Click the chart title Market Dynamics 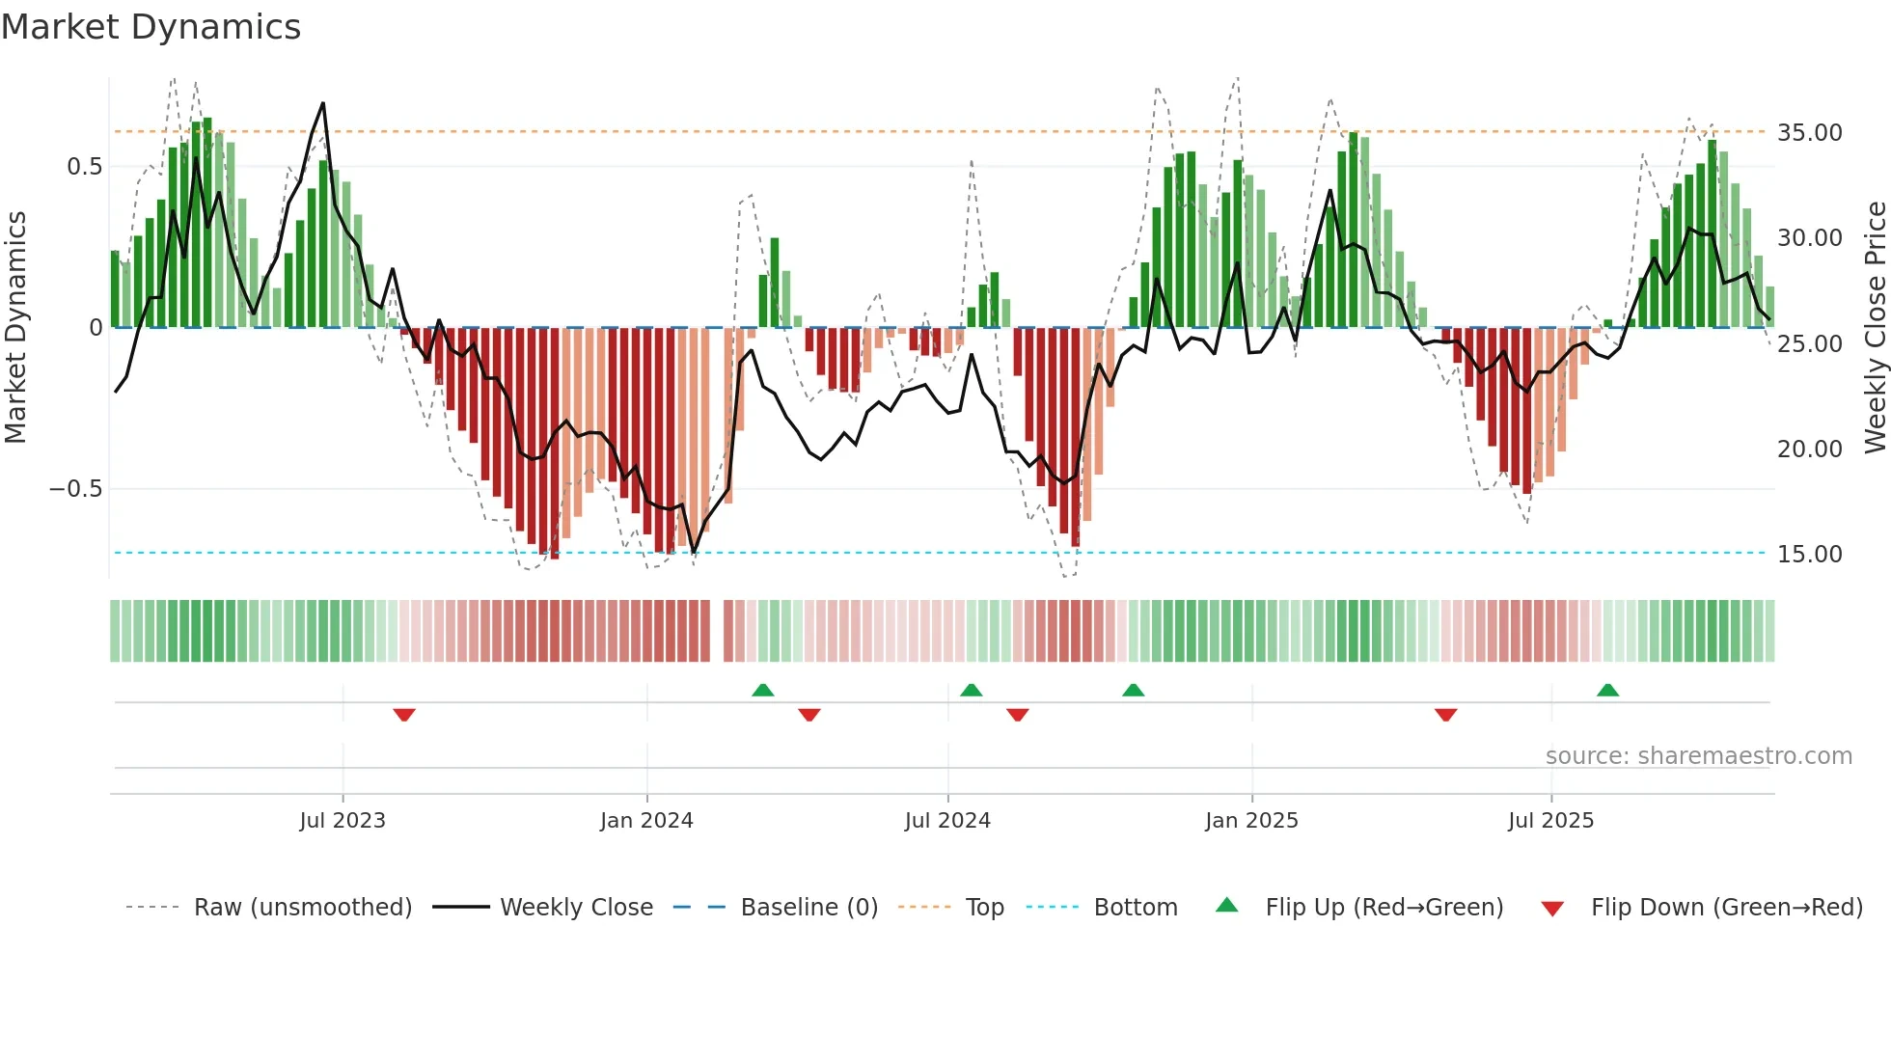coord(151,27)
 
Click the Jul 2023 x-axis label coord(342,820)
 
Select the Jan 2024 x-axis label coord(646,820)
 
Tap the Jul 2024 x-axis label coord(947,820)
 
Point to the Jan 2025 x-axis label coord(1251,820)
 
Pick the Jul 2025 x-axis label coord(1550,820)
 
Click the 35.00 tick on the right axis coord(1809,132)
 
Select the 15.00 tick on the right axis coord(1809,554)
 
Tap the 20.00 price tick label coord(1809,449)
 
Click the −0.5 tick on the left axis coord(75,488)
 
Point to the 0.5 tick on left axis coord(84,166)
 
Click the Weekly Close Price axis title coord(1875,327)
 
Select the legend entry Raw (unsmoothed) coord(302,907)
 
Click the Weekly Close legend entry coord(576,907)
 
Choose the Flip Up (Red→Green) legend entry coord(1384,907)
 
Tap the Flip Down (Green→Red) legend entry coord(1726,907)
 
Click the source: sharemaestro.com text coord(1698,755)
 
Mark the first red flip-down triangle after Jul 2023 coord(404,715)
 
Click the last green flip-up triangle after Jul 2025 coord(1607,690)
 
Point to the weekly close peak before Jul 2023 coord(322,103)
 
